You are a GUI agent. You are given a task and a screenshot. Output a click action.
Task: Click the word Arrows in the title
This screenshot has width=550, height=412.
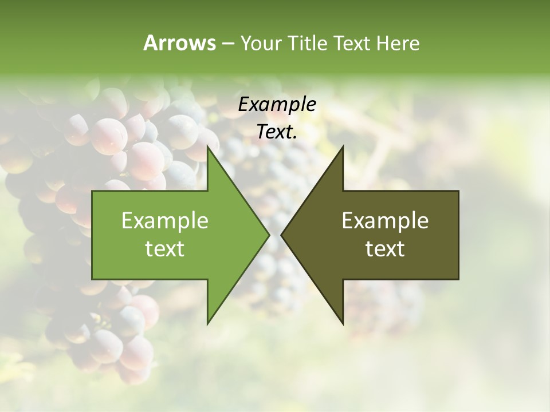179,43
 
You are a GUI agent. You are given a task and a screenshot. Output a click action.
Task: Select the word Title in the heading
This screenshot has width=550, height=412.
310,43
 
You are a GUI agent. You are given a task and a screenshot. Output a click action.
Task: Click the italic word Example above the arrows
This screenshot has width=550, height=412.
277,104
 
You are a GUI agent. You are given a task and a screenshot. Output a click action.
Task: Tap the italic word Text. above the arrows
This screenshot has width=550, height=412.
277,132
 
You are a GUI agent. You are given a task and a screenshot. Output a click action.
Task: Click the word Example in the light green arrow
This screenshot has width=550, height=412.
165,220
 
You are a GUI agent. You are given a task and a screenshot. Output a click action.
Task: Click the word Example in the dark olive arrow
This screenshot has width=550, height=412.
385,220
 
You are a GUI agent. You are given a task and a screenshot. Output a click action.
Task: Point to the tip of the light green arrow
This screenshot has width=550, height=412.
269,235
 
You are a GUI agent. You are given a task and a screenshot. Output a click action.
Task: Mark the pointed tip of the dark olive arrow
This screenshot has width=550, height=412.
282,235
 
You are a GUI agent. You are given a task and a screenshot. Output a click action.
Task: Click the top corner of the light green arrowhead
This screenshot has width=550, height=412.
207,146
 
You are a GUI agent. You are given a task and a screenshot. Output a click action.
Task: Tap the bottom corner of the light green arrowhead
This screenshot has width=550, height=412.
207,323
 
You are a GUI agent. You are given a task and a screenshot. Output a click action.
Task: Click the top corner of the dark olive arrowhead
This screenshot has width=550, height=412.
343,146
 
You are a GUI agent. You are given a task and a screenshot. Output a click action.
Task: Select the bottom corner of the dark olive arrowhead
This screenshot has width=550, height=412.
343,323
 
